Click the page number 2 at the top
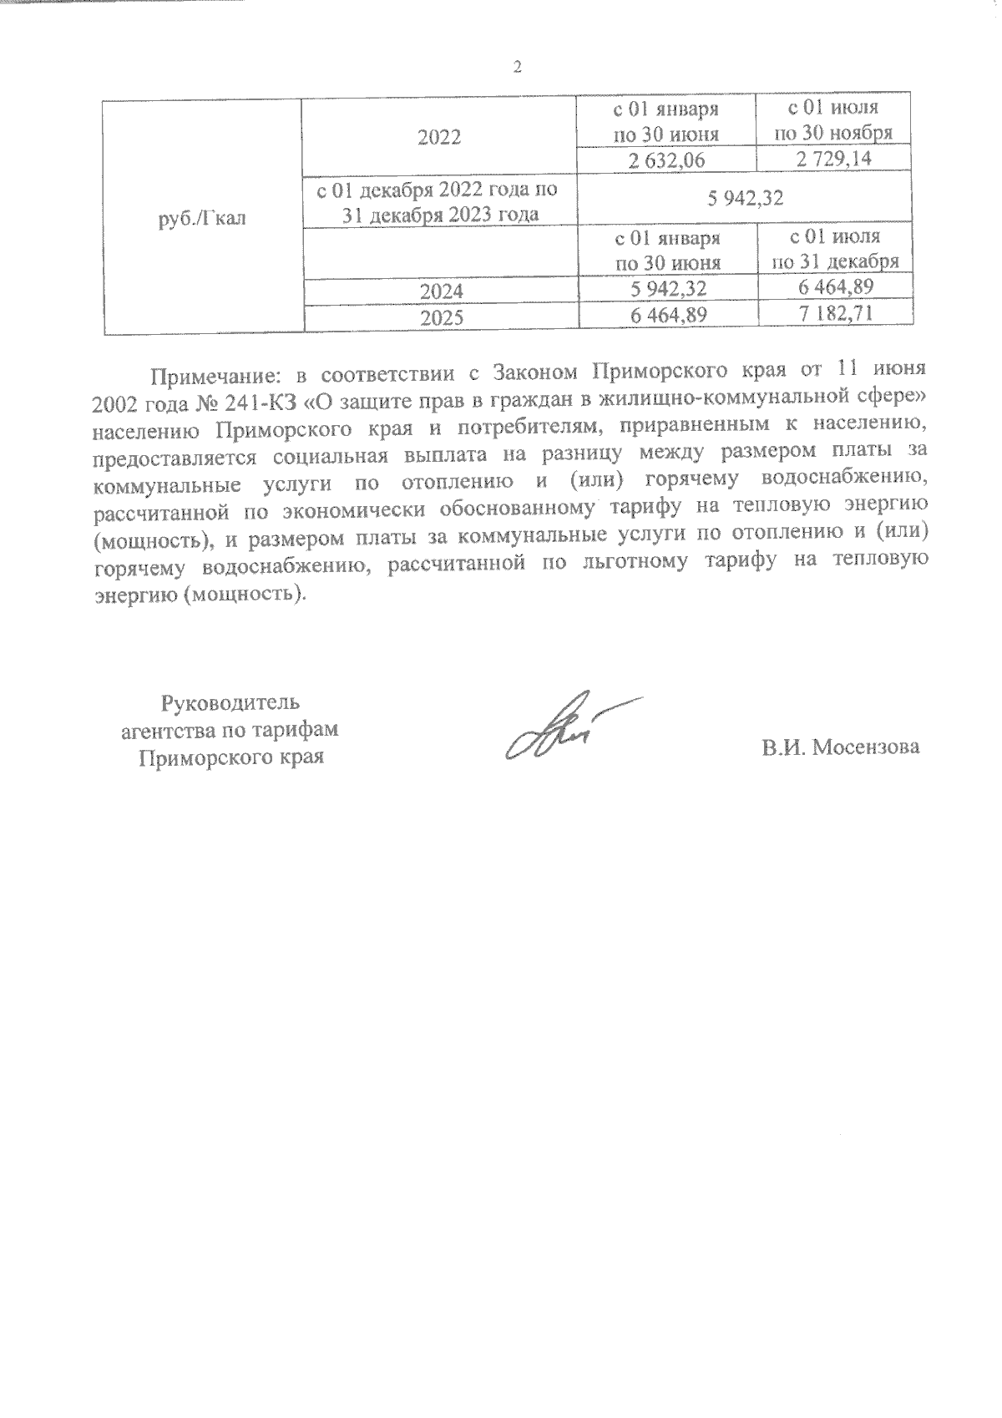coord(517,68)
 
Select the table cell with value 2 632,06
coord(667,160)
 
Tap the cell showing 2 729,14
coord(834,159)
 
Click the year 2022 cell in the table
coord(439,137)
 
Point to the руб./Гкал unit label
coord(202,220)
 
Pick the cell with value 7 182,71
coord(834,315)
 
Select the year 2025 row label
coord(441,317)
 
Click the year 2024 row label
coord(441,291)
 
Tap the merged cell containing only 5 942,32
coord(743,199)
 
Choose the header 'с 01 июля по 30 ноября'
coord(834,120)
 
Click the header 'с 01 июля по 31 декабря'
coord(834,250)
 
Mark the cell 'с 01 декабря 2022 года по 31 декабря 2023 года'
coord(439,201)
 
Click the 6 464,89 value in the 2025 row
coord(667,315)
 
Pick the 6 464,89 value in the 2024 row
coord(834,288)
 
